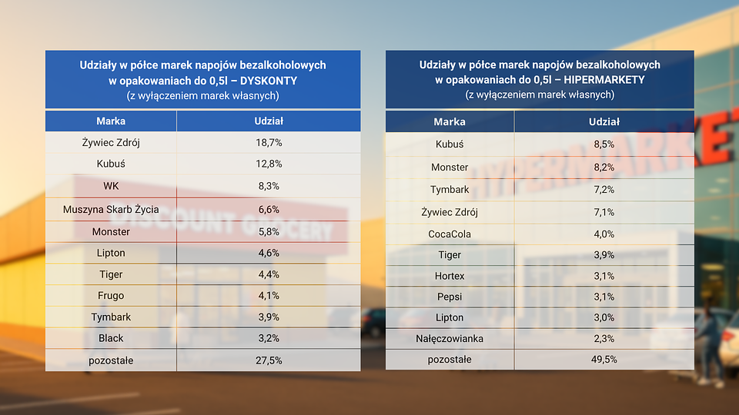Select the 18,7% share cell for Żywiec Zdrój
[x=269, y=143]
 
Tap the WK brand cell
[x=111, y=186]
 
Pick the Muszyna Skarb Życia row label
[x=111, y=209]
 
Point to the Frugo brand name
[x=111, y=296]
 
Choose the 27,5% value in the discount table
[x=269, y=360]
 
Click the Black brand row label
[x=111, y=338]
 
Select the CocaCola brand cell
[x=450, y=234]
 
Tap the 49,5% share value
[x=604, y=360]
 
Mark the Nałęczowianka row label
[x=450, y=338]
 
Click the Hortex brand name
[x=450, y=275]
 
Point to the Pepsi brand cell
[x=450, y=297]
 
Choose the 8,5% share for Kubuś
[x=604, y=144]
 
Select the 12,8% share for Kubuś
[x=269, y=164]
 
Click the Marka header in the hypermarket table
[x=450, y=121]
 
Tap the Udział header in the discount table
[x=269, y=121]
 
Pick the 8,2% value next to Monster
[x=604, y=167]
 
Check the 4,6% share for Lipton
[x=269, y=253]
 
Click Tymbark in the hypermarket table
[x=450, y=190]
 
